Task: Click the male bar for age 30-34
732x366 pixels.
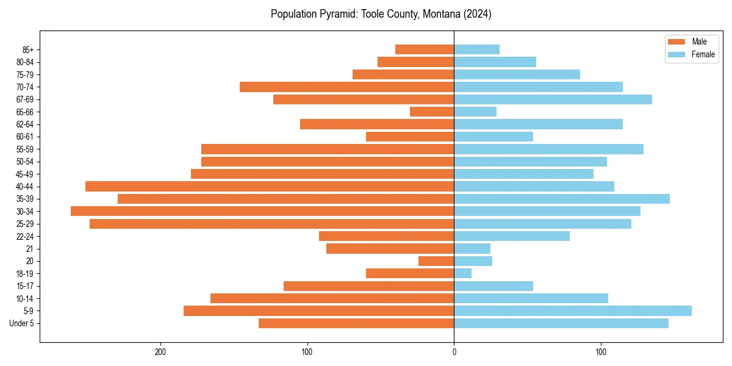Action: pos(262,211)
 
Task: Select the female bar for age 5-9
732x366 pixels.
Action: pos(573,310)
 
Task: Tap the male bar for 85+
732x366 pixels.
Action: pos(425,49)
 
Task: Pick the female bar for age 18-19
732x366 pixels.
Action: pos(463,273)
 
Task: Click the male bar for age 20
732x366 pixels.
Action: pos(436,261)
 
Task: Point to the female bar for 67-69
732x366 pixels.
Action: pos(553,99)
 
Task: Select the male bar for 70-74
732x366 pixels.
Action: pos(347,87)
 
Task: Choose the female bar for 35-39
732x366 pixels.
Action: pos(562,199)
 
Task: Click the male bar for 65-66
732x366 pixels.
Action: pos(432,112)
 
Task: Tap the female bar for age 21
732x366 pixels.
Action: pos(472,248)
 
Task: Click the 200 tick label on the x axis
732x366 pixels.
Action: pos(160,352)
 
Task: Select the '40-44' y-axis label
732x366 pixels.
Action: pos(25,187)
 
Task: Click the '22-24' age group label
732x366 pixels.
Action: pos(25,236)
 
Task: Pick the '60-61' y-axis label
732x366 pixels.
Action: pos(25,137)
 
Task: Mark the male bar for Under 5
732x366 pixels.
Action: pos(356,323)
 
